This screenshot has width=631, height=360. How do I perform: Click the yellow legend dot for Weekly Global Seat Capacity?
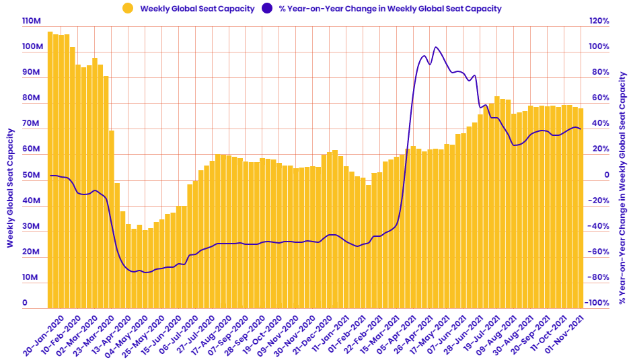[x=127, y=9]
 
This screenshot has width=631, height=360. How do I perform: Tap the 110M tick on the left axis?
[x=32, y=22]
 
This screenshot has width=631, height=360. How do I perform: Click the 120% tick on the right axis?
[x=599, y=22]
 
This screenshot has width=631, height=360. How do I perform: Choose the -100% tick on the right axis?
[x=597, y=303]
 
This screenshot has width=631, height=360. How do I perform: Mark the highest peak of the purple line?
[x=436, y=47]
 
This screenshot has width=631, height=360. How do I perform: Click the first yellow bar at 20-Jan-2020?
[x=50, y=168]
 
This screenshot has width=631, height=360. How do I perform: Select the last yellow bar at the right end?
[x=581, y=209]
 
